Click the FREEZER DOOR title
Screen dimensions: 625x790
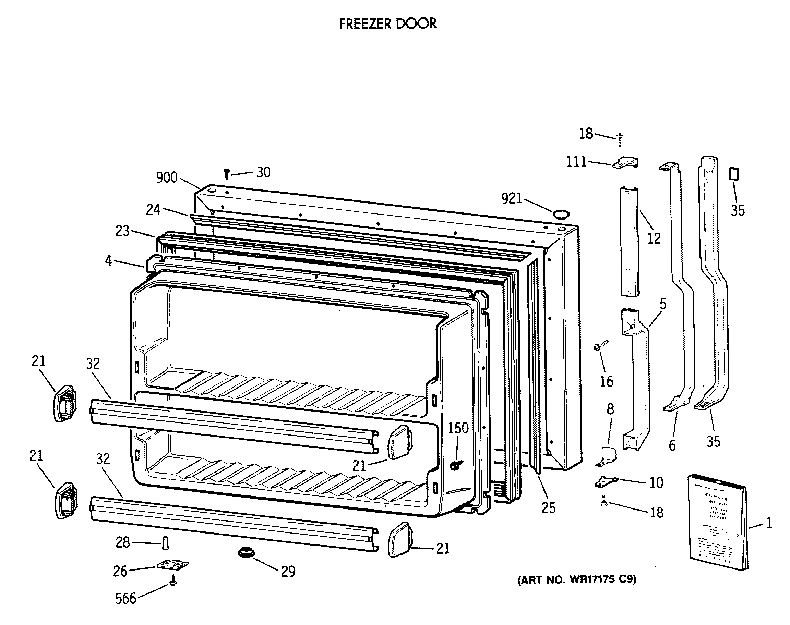[387, 24]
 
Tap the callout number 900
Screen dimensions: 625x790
[167, 177]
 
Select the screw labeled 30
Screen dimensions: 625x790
[227, 174]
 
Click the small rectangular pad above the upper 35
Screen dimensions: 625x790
[734, 173]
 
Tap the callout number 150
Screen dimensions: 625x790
[458, 428]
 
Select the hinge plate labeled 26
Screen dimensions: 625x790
[172, 565]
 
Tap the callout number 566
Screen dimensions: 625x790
[125, 599]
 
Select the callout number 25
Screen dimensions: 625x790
[548, 508]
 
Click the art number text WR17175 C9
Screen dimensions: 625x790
[577, 579]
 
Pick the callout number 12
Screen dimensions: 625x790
[654, 238]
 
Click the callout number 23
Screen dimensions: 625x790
[122, 231]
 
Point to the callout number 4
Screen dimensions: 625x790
[108, 260]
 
